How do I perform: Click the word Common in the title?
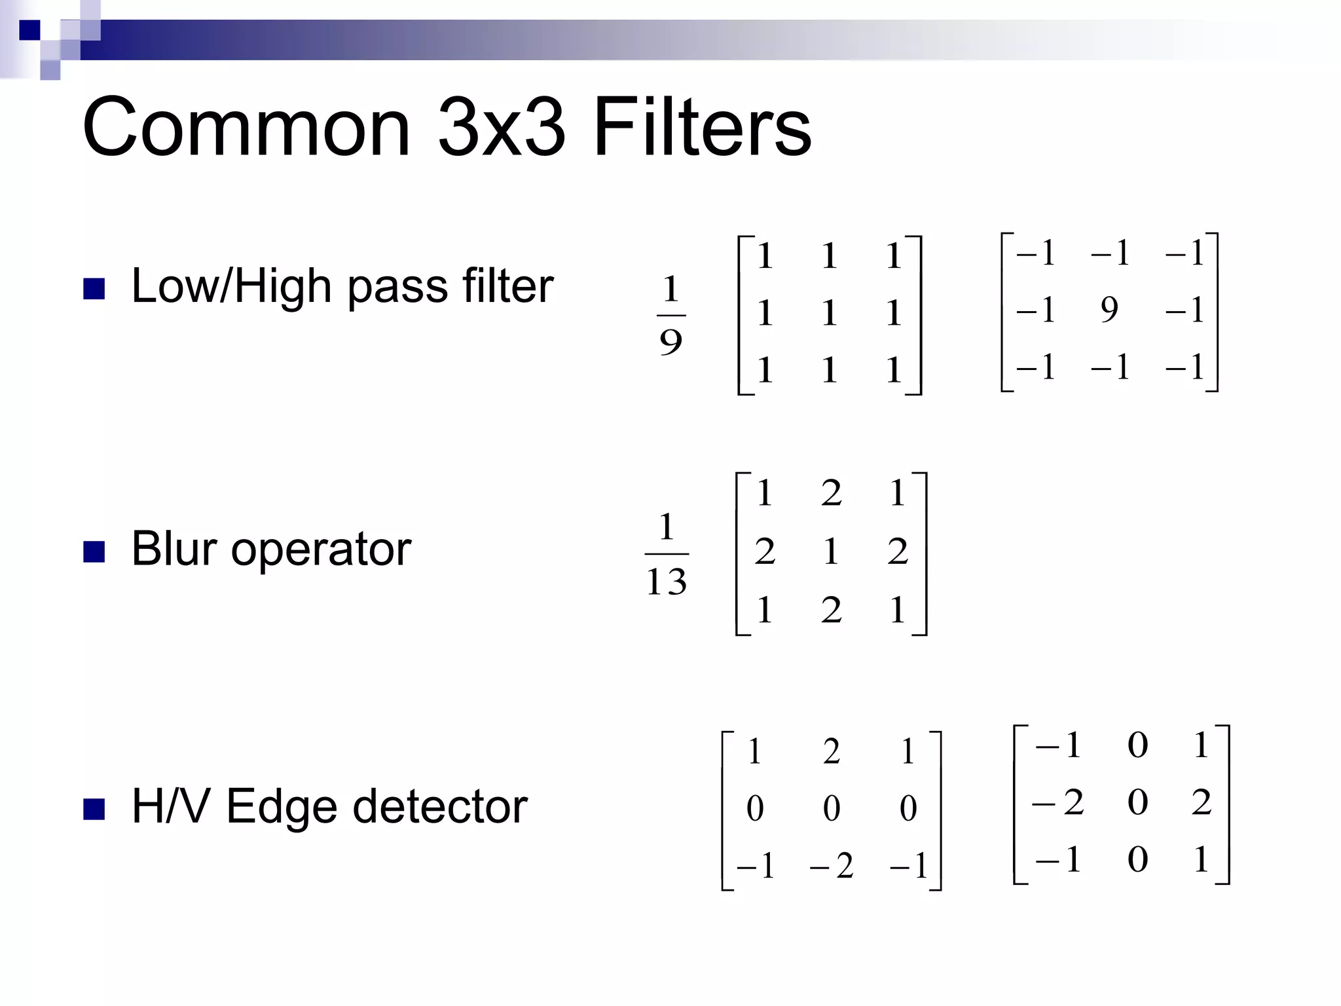[x=246, y=127]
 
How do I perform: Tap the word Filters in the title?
[x=702, y=127]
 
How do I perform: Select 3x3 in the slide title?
[x=501, y=127]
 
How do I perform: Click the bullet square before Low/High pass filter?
[x=94, y=289]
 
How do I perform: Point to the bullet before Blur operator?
[x=94, y=551]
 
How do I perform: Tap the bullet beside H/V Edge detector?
[x=94, y=810]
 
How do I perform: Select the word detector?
[x=440, y=806]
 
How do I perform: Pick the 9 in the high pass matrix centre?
[x=1109, y=309]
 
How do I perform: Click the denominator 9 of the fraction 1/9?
[x=670, y=342]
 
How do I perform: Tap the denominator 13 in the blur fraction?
[x=667, y=582]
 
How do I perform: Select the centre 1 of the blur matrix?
[x=831, y=551]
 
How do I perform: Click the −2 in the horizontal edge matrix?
[x=832, y=866]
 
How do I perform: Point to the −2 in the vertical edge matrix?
[x=1058, y=803]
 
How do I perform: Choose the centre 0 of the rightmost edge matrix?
[x=1138, y=803]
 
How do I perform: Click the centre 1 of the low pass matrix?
[x=830, y=312]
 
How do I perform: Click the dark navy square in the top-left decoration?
[x=30, y=30]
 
